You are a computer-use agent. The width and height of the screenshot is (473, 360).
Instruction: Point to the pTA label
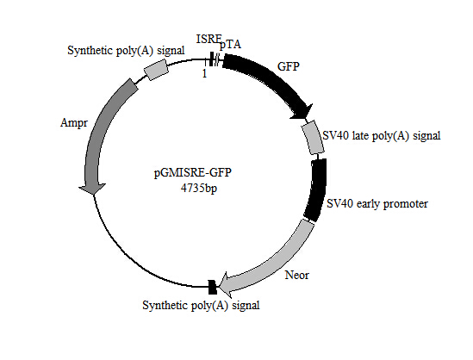pyautogui.click(x=231, y=44)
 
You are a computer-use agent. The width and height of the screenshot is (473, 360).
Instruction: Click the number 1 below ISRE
pyautogui.click(x=204, y=74)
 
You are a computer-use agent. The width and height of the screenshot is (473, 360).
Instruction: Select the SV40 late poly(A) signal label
pyautogui.click(x=381, y=135)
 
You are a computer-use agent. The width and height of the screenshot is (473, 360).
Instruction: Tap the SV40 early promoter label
pyautogui.click(x=377, y=204)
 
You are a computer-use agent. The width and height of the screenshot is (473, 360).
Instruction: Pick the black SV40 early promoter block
pyautogui.click(x=315, y=189)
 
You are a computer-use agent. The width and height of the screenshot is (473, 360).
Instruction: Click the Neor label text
pyautogui.click(x=296, y=276)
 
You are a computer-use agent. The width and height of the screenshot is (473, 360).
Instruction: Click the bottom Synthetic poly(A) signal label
pyautogui.click(x=201, y=305)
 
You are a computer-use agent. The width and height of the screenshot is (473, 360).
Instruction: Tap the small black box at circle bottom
pyautogui.click(x=212, y=285)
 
